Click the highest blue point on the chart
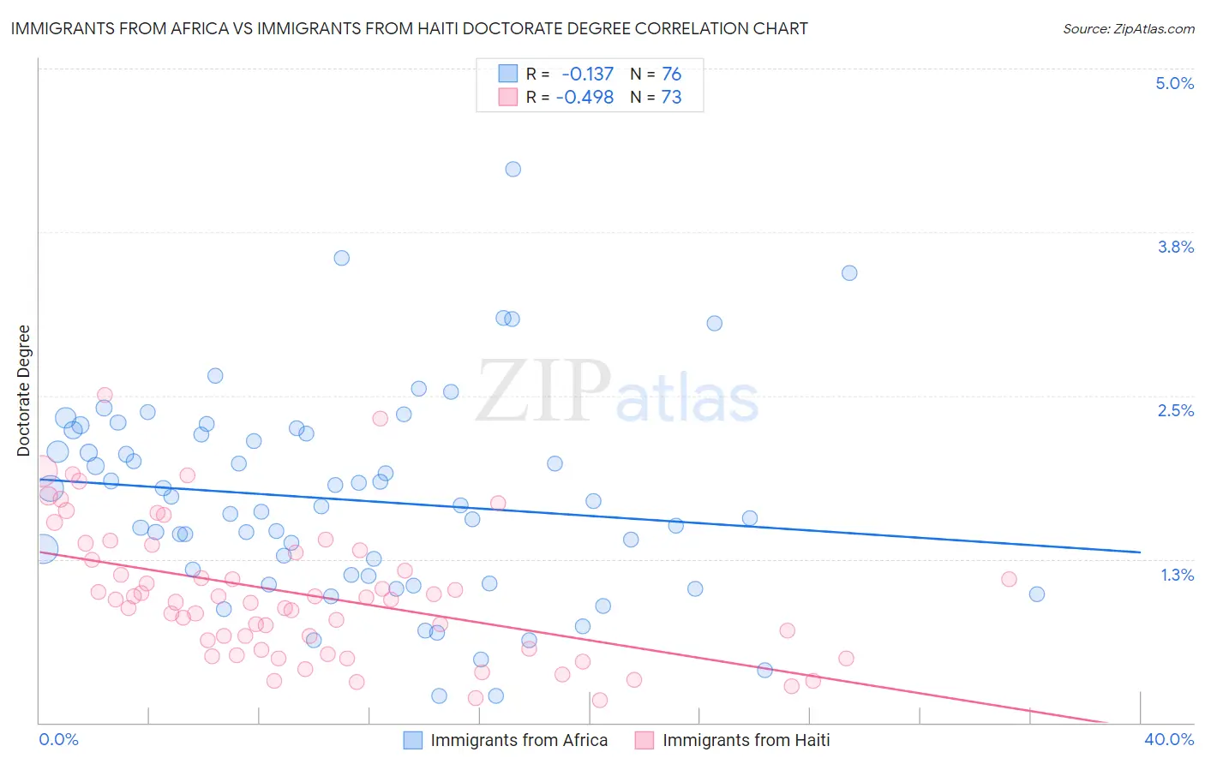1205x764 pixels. click(x=513, y=169)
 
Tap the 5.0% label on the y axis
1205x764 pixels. click(x=1174, y=83)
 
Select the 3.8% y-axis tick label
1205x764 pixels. click(x=1175, y=247)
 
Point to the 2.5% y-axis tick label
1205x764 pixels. click(x=1175, y=410)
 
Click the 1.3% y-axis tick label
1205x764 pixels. click(x=1177, y=575)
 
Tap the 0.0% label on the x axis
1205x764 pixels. click(x=59, y=739)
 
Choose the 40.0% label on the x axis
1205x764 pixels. click(x=1168, y=739)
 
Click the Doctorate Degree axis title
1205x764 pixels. click(x=23, y=391)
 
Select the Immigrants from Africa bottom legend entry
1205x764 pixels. click(x=519, y=740)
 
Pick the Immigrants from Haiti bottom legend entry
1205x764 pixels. click(x=746, y=740)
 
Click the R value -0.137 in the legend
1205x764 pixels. click(x=588, y=75)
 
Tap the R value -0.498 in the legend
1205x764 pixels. click(x=585, y=98)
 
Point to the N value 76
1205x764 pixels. click(x=671, y=75)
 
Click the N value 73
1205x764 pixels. click(x=671, y=98)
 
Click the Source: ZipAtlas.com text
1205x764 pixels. click(x=1128, y=29)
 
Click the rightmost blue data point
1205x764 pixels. click(x=1036, y=594)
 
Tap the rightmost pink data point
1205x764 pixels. click(x=1009, y=579)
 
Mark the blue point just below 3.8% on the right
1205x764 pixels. click(x=849, y=273)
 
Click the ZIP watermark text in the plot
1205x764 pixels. click(x=543, y=392)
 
